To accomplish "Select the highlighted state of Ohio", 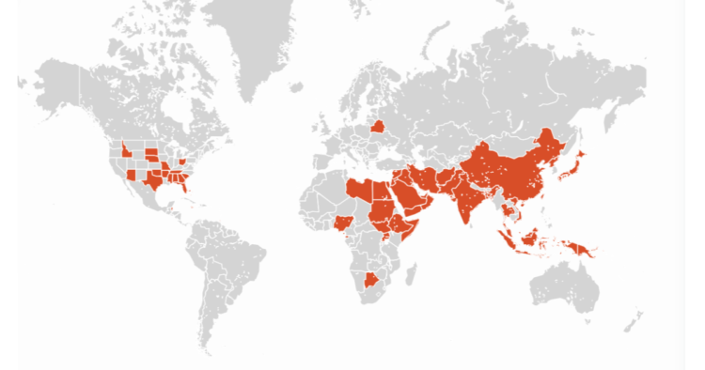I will [x=181, y=162].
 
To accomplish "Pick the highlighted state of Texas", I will [x=150, y=181].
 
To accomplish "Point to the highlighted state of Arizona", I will [x=131, y=174].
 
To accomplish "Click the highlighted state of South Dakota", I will [x=150, y=151].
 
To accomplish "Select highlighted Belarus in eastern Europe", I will [x=377, y=127].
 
